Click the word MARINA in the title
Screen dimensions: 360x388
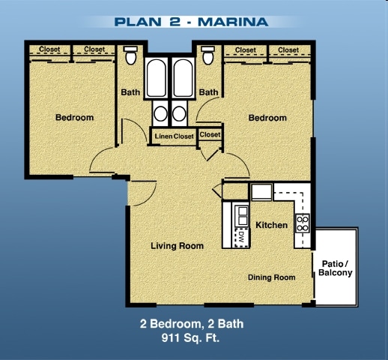click(x=232, y=21)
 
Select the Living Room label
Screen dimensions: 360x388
click(x=177, y=246)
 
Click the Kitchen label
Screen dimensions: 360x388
click(x=271, y=225)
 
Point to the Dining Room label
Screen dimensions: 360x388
click(x=271, y=277)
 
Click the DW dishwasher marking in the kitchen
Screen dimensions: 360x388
click(x=241, y=235)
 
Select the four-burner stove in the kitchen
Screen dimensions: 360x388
click(x=303, y=223)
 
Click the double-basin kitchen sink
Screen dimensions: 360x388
click(x=241, y=216)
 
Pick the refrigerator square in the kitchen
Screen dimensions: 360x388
click(x=261, y=193)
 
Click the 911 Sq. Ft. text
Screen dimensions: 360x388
click(x=192, y=338)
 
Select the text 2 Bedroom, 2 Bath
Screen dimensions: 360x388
click(x=192, y=325)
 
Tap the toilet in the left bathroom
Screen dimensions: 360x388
click(x=130, y=56)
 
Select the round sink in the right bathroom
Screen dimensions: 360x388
click(x=180, y=114)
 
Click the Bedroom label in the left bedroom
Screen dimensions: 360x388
click(x=74, y=118)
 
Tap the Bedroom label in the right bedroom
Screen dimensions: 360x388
click(x=267, y=118)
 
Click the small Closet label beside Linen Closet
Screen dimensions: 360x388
click(x=210, y=135)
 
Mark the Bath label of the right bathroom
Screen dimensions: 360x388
click(x=208, y=93)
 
